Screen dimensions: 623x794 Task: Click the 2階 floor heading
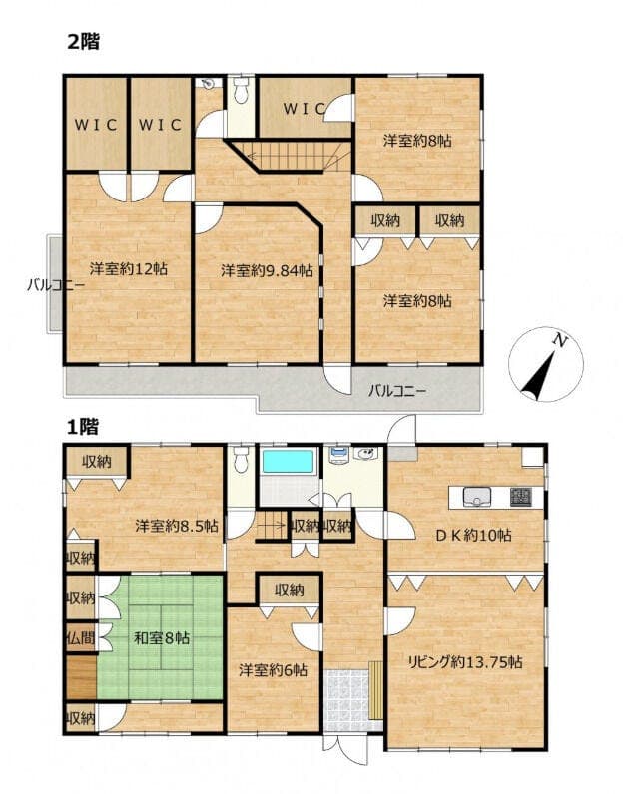(84, 42)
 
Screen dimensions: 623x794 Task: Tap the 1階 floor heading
(83, 427)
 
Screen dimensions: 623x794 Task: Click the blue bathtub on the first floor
(288, 461)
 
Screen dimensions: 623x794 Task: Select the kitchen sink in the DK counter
(476, 497)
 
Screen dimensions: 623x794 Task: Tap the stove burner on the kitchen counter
(520, 497)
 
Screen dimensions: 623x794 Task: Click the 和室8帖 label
(161, 638)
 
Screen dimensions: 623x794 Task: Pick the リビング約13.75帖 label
(465, 662)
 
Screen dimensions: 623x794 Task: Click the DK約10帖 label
(473, 535)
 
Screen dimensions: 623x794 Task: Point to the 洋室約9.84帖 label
(267, 271)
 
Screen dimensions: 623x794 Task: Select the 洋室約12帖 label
(129, 269)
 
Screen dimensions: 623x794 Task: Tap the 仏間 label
(81, 638)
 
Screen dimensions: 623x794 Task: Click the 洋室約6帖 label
(273, 670)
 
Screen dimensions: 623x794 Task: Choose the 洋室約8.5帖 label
(177, 526)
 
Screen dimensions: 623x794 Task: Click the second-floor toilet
(242, 90)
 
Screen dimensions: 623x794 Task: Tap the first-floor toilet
(242, 458)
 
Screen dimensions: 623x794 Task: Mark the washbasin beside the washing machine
(365, 454)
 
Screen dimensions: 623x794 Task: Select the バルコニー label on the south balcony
(397, 391)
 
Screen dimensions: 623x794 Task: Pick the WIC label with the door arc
(304, 109)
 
